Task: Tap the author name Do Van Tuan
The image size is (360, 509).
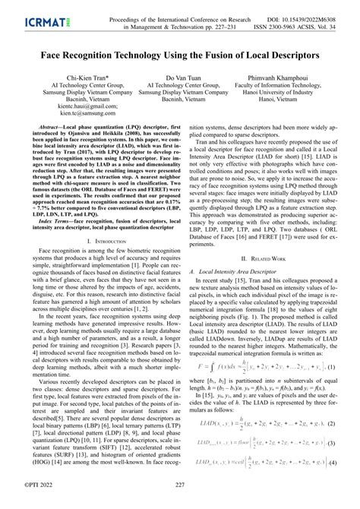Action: pyautogui.click(x=179, y=77)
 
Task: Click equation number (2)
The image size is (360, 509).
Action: pyautogui.click(x=330, y=432)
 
